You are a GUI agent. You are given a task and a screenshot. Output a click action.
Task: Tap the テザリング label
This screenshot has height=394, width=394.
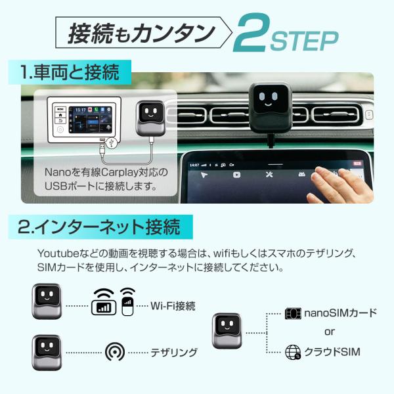click(174, 353)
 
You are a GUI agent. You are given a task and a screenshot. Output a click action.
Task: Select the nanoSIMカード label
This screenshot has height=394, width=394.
click(332, 313)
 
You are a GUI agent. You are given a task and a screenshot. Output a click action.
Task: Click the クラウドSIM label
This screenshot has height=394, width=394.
click(332, 353)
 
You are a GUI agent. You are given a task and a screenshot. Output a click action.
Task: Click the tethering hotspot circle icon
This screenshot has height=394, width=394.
click(114, 352)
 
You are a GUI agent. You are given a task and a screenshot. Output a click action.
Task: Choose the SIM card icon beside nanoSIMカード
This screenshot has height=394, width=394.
click(293, 313)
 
